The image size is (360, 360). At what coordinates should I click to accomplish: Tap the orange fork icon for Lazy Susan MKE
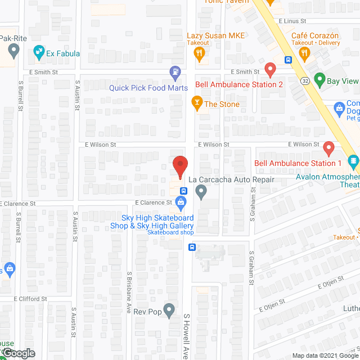point(199,53)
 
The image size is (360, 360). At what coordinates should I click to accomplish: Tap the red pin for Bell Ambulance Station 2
point(270,70)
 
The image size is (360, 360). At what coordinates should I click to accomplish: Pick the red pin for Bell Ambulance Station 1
point(329,148)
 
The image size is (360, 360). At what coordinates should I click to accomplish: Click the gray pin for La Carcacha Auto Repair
point(201,192)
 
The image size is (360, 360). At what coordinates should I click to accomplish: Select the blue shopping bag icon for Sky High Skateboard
point(181,201)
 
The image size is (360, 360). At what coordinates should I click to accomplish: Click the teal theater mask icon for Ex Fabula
point(39,53)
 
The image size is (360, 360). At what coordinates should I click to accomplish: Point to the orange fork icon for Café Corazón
point(305,53)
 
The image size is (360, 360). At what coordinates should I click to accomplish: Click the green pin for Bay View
point(319,80)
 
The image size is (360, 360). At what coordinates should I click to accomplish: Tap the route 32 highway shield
point(305,81)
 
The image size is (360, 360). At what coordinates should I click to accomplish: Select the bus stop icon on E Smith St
point(288,60)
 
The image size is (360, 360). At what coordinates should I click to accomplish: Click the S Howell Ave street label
point(187,336)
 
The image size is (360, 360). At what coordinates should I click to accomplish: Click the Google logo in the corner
point(18,353)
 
